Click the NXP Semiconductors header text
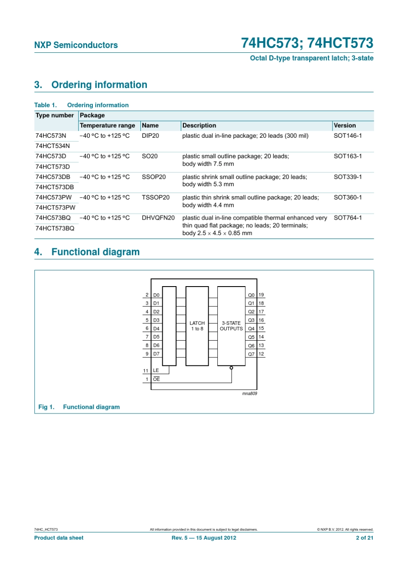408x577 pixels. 76,45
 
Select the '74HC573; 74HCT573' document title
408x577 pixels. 307,43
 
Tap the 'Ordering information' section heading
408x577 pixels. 99,85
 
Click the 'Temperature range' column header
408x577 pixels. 107,125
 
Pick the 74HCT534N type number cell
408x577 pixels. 52,146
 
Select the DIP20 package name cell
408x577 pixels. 150,136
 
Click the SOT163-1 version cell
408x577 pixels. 347,156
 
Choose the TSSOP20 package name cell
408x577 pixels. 155,197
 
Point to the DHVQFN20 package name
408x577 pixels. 158,218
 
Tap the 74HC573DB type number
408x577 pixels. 52,177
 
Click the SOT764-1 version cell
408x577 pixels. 347,218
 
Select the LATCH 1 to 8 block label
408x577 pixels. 197,326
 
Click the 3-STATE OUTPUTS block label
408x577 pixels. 231,326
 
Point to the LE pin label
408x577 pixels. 156,370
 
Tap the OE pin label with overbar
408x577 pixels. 156,379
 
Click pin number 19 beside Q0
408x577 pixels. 261,295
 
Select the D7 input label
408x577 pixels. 156,354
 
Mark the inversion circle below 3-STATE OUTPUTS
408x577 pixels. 231,368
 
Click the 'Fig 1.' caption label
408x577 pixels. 46,407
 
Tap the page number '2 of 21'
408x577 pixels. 364,538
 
